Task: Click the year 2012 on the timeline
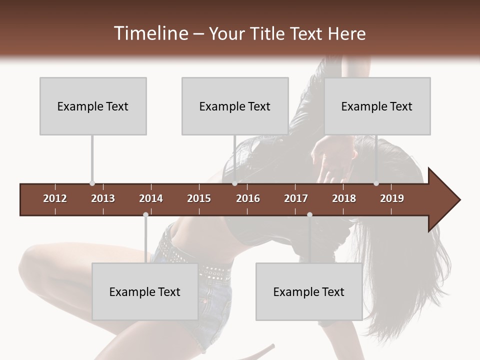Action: (55, 198)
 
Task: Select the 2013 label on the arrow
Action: (103, 198)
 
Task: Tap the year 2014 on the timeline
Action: (151, 198)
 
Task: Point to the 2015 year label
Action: (199, 198)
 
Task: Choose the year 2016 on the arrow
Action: (248, 198)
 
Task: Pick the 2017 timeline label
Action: (296, 198)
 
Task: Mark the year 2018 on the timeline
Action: (344, 198)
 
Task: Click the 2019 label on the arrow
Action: (392, 198)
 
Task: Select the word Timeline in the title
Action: (150, 33)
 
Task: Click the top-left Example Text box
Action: (93, 106)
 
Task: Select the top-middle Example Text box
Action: (235, 106)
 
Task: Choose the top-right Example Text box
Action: (377, 106)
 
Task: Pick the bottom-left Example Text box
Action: (145, 291)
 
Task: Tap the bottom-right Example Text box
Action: (309, 291)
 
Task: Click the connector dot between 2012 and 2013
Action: (92, 183)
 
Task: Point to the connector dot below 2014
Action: (145, 214)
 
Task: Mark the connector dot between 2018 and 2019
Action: (376, 183)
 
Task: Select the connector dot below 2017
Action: (309, 214)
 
